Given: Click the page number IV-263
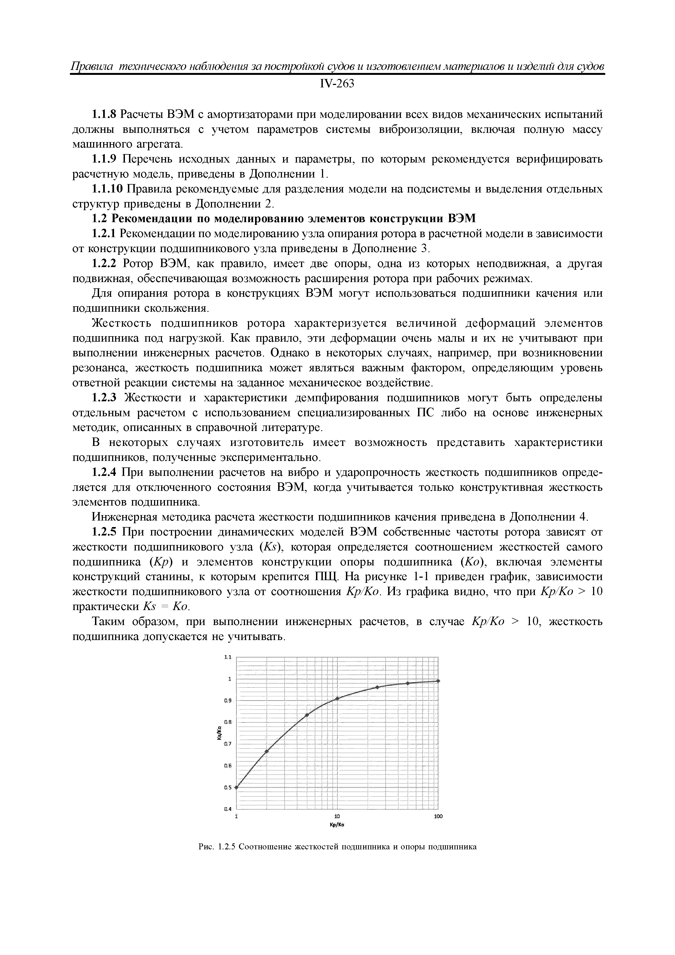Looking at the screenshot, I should [x=337, y=84].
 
